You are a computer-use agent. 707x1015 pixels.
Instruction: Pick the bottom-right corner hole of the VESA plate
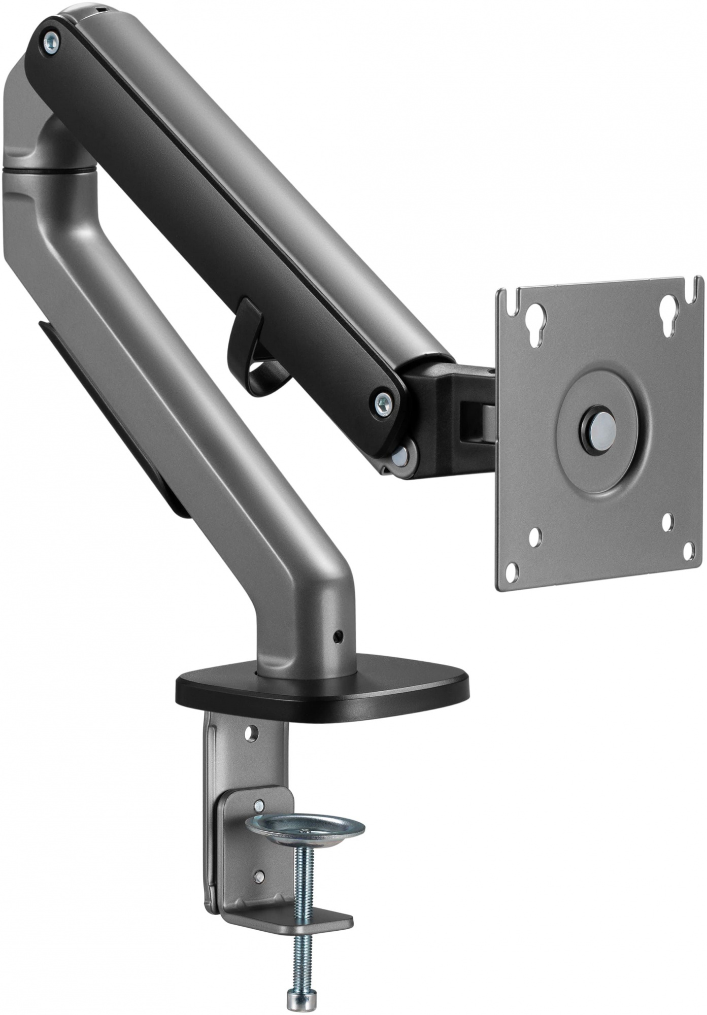689,551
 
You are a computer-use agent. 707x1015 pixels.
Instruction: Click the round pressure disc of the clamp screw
305,829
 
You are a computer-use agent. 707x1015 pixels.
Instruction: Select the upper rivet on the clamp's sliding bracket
259,804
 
